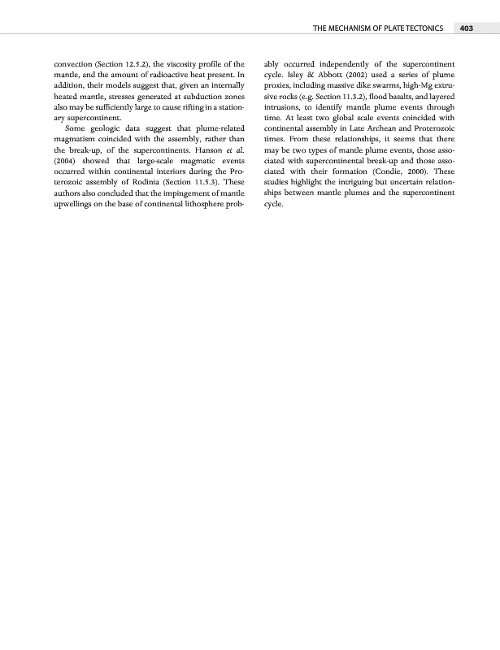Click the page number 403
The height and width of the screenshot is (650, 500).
coord(466,28)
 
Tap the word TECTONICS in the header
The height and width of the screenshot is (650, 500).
coord(419,28)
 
